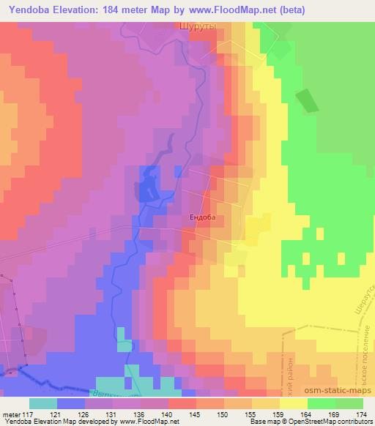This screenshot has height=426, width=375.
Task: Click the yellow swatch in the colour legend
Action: [x=293, y=403]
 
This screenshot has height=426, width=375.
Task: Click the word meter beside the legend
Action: [x=11, y=414]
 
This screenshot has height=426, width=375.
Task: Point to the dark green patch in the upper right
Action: [x=307, y=101]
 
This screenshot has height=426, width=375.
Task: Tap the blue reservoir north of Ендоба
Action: [x=149, y=187]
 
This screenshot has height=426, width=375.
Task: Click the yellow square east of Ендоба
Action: [x=256, y=228]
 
